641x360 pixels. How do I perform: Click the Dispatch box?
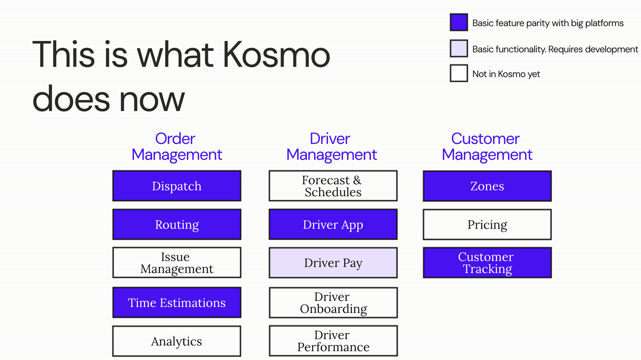[177, 186]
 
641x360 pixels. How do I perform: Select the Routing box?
[177, 225]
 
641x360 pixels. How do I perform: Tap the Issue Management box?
[177, 263]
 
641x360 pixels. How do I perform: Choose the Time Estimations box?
[177, 303]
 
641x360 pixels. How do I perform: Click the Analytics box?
[177, 341]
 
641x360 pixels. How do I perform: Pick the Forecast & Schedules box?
[333, 186]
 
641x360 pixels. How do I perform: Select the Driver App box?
[333, 225]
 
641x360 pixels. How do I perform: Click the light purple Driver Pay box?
[333, 263]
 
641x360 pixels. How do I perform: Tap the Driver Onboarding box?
[333, 303]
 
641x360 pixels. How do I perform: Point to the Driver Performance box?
[333, 341]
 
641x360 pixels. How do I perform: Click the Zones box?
[487, 186]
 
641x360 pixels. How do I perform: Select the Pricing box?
[487, 225]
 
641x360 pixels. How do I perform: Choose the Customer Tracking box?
[487, 263]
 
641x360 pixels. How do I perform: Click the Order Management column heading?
[177, 147]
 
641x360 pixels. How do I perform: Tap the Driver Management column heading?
[331, 147]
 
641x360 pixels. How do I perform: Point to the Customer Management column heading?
[487, 147]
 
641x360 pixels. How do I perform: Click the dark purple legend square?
[459, 22]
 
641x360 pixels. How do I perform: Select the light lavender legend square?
[459, 48]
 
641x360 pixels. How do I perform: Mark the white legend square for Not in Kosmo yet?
[459, 73]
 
